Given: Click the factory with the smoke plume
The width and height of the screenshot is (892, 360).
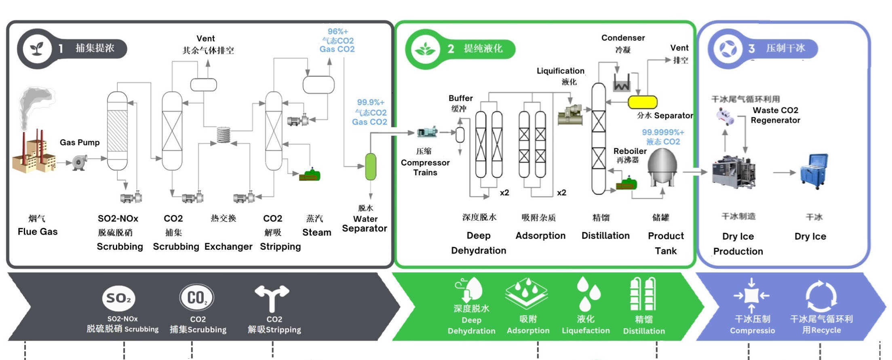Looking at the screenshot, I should (34, 154).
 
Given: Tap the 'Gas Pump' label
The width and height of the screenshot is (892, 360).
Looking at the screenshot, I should (80, 142).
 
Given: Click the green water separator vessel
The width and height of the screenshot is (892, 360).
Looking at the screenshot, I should (371, 166).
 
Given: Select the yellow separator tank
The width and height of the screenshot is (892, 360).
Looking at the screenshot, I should (642, 102).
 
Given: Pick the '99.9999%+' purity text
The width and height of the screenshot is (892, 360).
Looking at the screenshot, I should (663, 132).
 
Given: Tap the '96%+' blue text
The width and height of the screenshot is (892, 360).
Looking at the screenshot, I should (337, 32).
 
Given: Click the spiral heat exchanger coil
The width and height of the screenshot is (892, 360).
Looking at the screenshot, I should (224, 135).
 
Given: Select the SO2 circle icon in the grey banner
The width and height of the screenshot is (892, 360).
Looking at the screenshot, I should (118, 298).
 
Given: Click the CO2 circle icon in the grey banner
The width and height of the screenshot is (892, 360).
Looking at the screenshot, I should (196, 298).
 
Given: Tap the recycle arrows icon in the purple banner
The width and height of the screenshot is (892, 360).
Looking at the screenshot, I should (821, 296).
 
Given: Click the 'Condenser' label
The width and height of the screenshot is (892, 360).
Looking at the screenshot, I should (623, 38).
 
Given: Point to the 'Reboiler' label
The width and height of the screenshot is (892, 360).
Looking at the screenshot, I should (630, 151).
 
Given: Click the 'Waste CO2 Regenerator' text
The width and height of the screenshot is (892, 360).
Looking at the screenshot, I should (775, 115).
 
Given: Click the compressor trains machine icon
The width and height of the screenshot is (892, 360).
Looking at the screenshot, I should (427, 132).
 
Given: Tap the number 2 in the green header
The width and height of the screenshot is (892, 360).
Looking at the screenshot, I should (451, 49).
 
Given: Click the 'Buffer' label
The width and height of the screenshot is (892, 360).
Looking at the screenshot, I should (460, 98).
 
